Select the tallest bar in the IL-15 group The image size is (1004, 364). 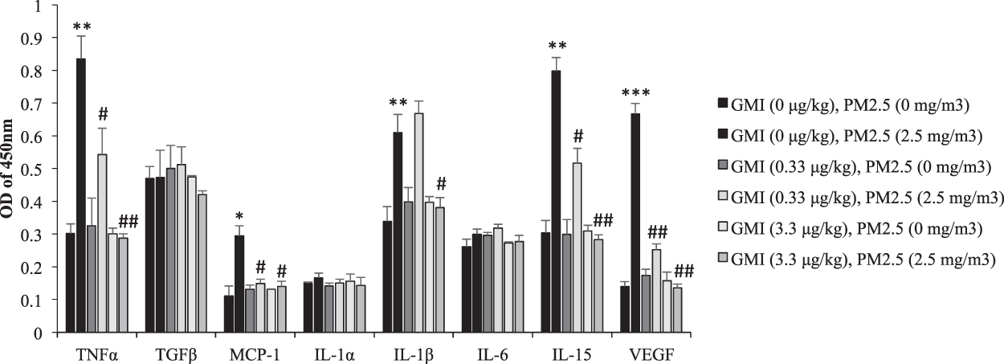coord(556,201)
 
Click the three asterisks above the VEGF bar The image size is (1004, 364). coord(635,94)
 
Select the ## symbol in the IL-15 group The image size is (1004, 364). coord(603,220)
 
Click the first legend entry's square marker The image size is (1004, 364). coord(723,104)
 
